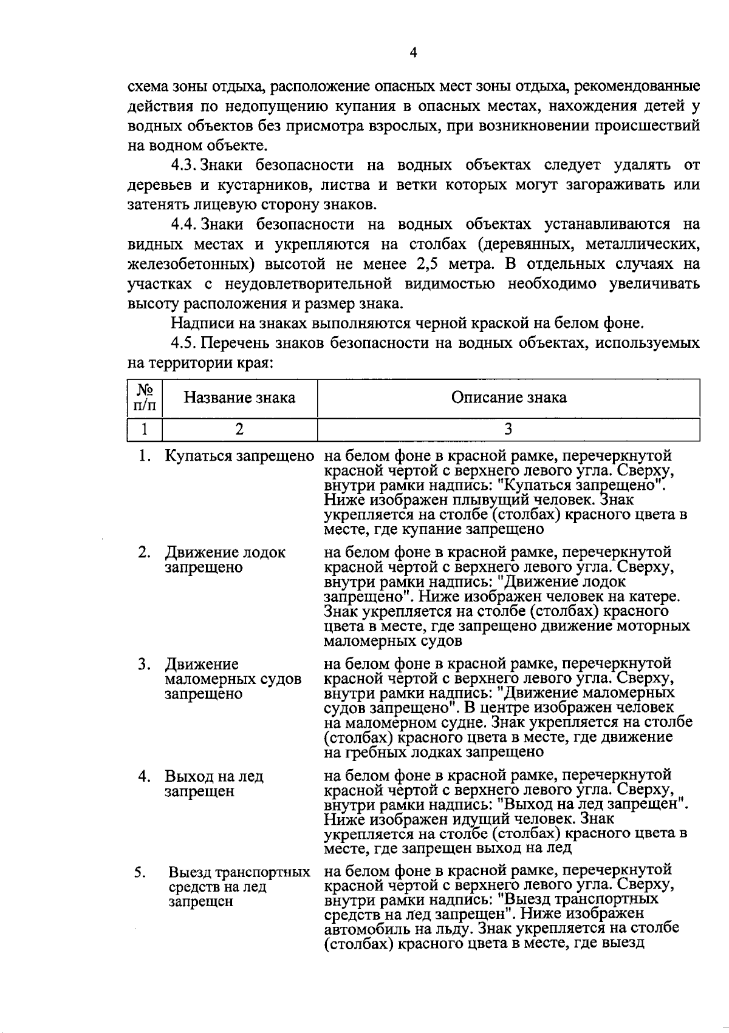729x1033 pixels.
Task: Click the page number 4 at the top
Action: tap(413, 53)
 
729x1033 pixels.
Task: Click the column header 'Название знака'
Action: tap(239, 398)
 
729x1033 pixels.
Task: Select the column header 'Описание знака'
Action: tap(508, 398)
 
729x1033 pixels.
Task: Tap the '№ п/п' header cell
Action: tap(145, 398)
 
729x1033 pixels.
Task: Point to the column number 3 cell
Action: tap(508, 429)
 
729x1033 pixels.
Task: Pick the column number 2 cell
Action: tap(239, 429)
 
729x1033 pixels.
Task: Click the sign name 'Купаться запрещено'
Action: tap(239, 456)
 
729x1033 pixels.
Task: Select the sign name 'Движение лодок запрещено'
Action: tap(225, 560)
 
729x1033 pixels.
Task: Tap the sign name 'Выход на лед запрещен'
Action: tap(214, 784)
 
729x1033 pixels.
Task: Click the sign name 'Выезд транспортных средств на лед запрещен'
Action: tap(239, 887)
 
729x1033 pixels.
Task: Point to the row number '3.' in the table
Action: tap(144, 665)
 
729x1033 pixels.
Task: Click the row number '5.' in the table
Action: tap(140, 872)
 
